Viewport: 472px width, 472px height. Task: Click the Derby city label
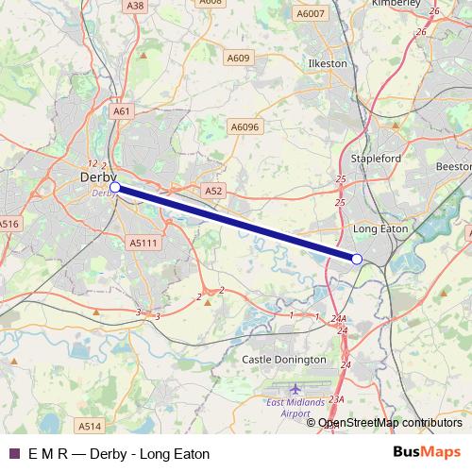pos(98,177)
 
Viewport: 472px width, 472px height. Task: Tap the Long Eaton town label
pos(379,228)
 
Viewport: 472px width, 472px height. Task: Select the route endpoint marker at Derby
pos(115,188)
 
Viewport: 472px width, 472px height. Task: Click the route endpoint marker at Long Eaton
pos(357,259)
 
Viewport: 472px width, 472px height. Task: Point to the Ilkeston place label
pos(329,63)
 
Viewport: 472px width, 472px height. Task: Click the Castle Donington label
pos(281,360)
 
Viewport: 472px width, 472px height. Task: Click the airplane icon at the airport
pos(296,389)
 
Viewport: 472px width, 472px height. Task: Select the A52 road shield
pos(213,191)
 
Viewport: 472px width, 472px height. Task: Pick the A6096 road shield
pos(244,126)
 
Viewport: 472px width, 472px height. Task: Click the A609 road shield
pos(238,59)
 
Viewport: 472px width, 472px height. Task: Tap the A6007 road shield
pos(309,14)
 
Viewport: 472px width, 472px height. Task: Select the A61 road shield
pos(121,111)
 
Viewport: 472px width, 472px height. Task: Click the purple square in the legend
pos(13,453)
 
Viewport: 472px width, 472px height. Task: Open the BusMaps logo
pos(427,452)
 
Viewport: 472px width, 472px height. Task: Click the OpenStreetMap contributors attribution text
pos(390,423)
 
